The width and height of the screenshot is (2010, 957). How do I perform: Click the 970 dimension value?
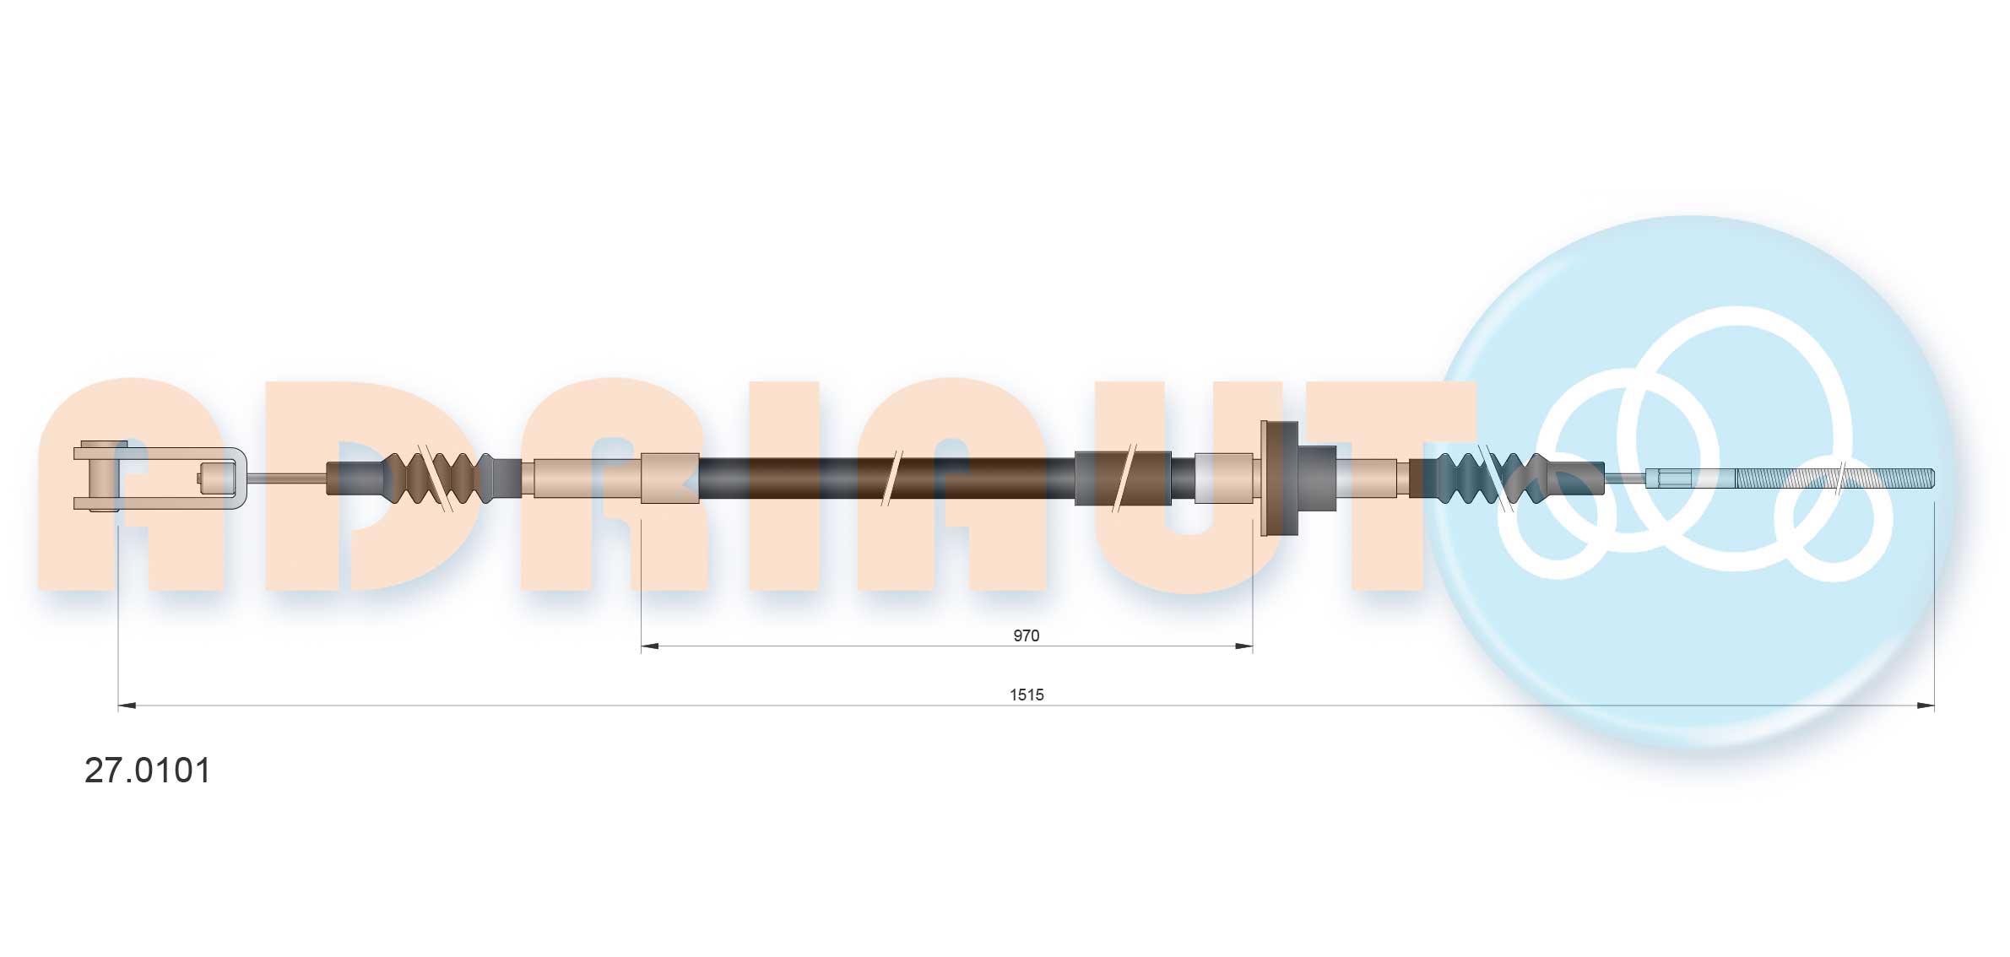coord(1026,635)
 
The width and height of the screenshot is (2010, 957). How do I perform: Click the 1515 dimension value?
coord(1027,695)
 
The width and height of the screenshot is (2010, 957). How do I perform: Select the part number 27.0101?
coord(148,770)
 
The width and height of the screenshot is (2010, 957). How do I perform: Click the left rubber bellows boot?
coord(439,478)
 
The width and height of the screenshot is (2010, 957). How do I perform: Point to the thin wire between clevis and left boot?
coord(287,478)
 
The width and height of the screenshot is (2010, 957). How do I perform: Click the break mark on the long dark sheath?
coord(891,478)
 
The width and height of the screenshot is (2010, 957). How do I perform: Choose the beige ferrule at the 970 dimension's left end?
coord(669,478)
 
